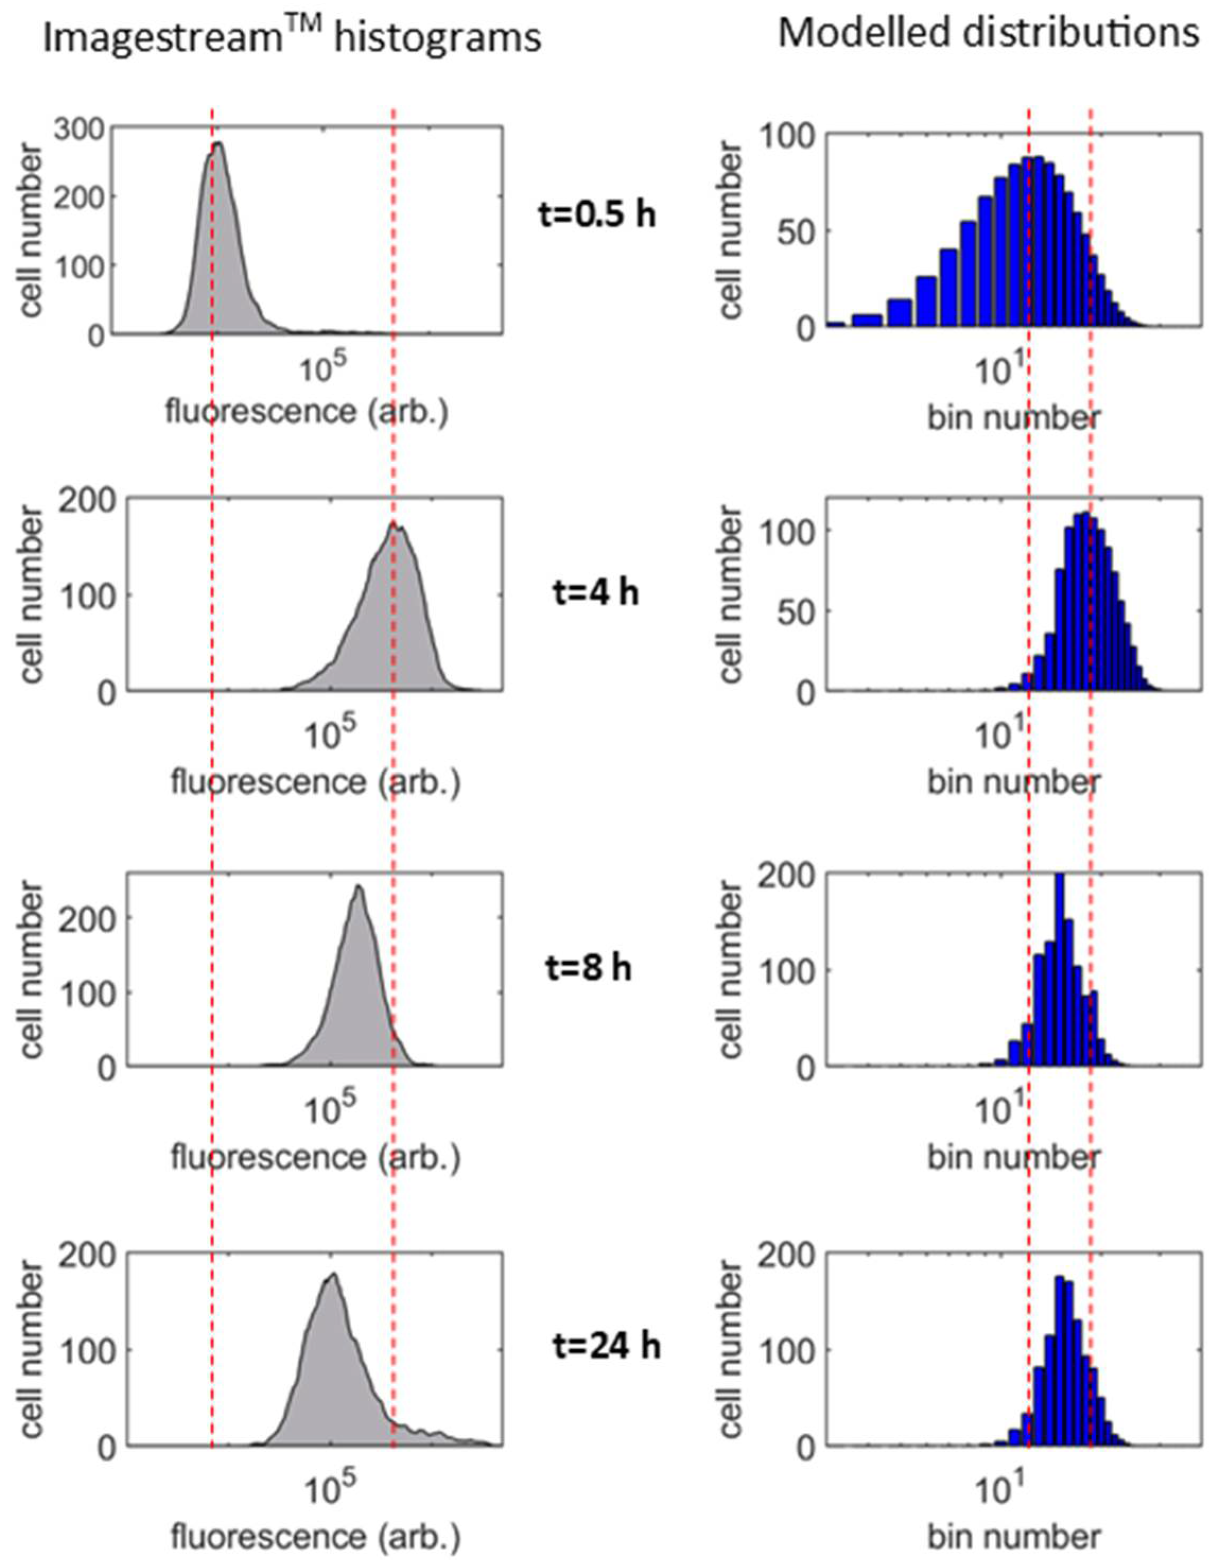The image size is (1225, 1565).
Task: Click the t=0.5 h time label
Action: tap(597, 214)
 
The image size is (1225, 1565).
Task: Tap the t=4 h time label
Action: tap(597, 594)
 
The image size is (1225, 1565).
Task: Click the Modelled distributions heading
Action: tap(988, 33)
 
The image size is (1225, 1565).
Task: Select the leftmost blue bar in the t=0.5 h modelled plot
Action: tap(835, 325)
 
